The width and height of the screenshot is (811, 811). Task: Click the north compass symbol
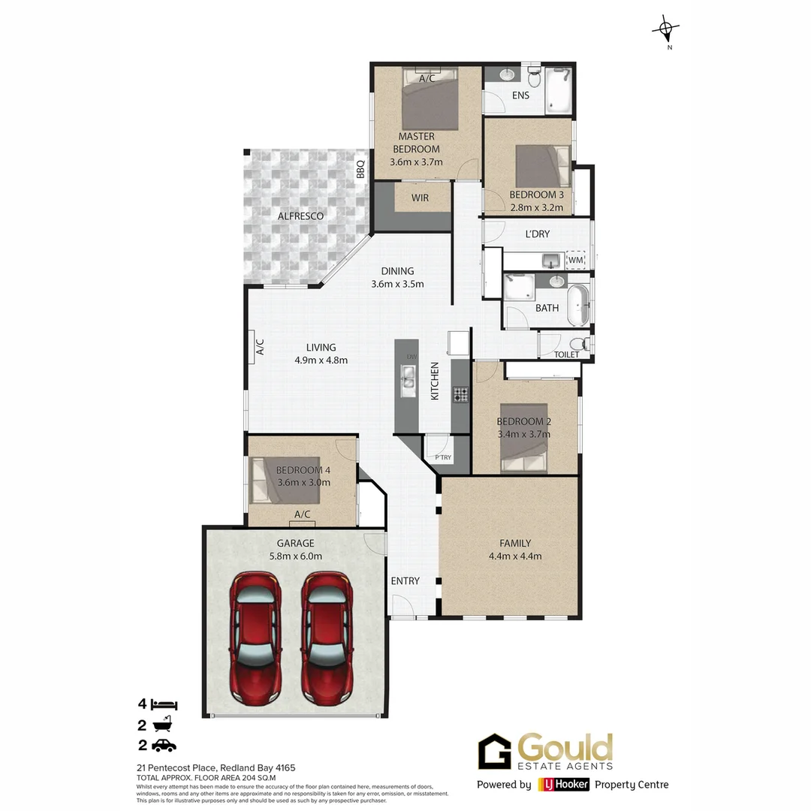[x=665, y=31]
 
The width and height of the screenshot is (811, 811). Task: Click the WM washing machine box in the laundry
[x=576, y=260]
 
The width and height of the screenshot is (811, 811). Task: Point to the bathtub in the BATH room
[x=578, y=305]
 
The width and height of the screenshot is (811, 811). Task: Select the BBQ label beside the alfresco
[x=360, y=168]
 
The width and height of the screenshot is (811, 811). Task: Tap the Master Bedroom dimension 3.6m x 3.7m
[x=416, y=162]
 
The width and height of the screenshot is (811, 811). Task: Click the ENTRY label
[x=405, y=580]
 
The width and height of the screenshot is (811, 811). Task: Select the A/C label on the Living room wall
[x=261, y=346]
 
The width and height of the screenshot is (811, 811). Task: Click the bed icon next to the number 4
[x=164, y=704]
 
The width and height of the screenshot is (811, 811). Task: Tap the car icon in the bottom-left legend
[x=164, y=745]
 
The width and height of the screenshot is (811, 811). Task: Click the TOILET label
[x=566, y=354]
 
